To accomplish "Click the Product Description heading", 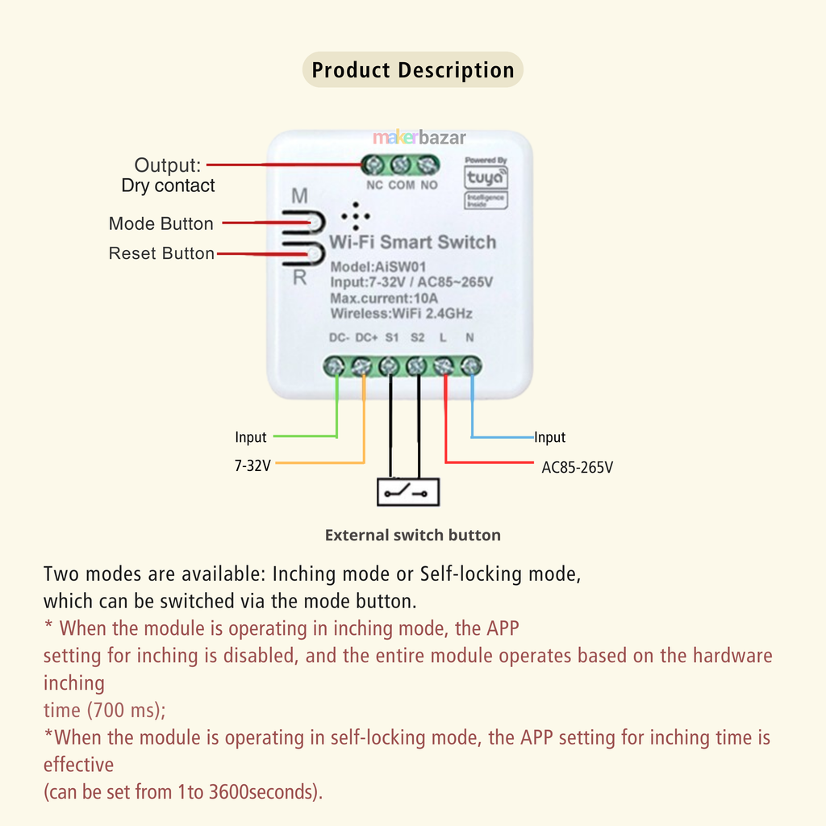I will click(x=413, y=70).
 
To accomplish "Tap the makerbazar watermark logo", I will click(x=419, y=138).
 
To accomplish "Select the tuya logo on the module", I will click(x=486, y=177).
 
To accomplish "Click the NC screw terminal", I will click(x=374, y=165).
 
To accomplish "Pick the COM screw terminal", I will click(x=401, y=165).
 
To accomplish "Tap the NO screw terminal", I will click(x=428, y=165).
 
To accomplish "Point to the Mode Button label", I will click(x=161, y=223).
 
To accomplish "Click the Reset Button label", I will click(x=161, y=253).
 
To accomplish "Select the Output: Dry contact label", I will click(x=168, y=175).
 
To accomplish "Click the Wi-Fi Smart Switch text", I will click(x=412, y=242).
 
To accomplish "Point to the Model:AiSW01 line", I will click(x=378, y=267).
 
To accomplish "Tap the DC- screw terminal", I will click(x=336, y=367).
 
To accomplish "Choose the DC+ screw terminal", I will click(x=363, y=367).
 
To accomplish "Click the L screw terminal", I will click(x=444, y=367).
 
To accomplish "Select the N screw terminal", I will click(x=471, y=367).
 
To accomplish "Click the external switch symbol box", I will click(x=410, y=490).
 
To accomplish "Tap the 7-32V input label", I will click(x=252, y=465).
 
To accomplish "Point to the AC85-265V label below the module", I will click(x=577, y=467).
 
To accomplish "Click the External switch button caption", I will click(x=412, y=535).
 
